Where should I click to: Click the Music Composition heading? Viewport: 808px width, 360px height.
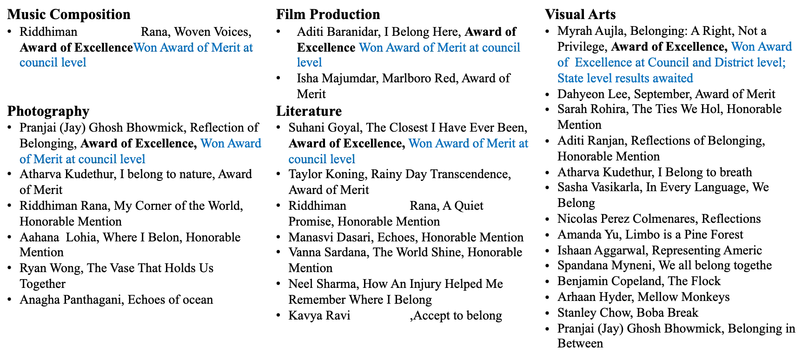[x=69, y=14]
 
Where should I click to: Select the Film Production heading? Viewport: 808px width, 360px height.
[x=328, y=14]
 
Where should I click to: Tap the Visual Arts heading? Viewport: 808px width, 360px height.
[x=580, y=14]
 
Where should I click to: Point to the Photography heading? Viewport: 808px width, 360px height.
[x=48, y=111]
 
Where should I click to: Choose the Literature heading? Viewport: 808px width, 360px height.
[x=309, y=111]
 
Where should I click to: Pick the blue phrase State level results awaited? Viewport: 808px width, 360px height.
[x=625, y=78]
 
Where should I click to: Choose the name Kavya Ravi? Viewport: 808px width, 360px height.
[x=319, y=315]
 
